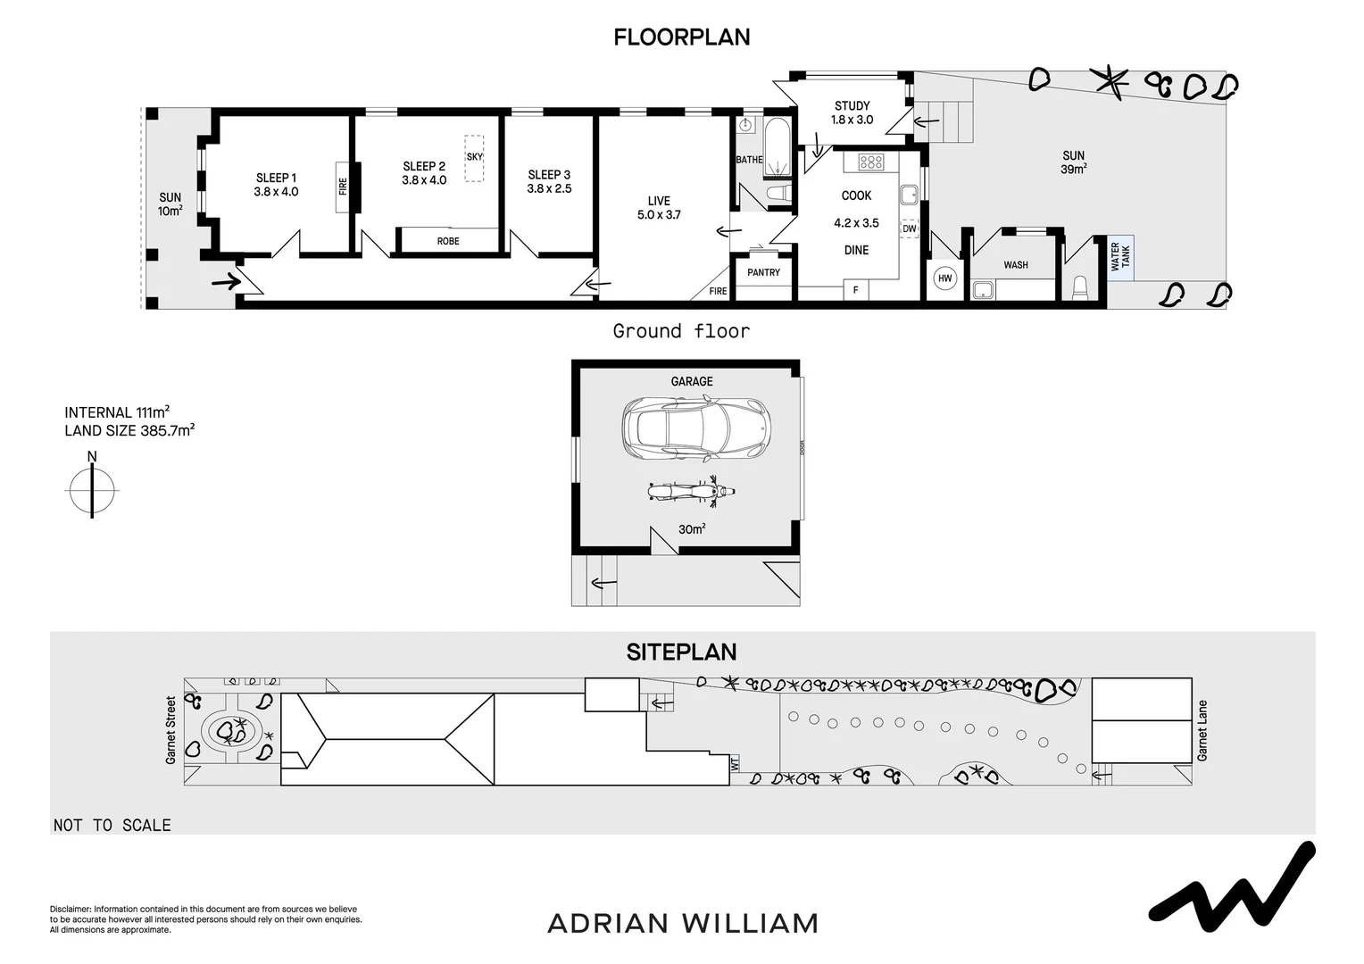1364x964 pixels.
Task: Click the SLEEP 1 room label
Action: tap(276, 184)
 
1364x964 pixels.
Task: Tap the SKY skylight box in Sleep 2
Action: tap(474, 158)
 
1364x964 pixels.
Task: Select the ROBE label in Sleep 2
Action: tap(448, 241)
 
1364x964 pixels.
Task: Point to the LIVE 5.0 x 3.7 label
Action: tap(659, 207)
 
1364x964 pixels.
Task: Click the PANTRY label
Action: tap(763, 272)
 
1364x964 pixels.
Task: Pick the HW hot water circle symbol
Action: tap(945, 278)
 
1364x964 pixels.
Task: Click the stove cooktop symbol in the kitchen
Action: tap(870, 162)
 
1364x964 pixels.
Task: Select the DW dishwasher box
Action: tap(909, 229)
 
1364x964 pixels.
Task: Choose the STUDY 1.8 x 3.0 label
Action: tap(852, 112)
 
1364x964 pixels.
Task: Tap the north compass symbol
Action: tap(92, 488)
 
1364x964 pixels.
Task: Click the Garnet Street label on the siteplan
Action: tap(170, 730)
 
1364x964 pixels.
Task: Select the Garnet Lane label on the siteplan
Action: tap(1202, 730)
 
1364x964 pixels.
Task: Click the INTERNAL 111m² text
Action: tap(117, 412)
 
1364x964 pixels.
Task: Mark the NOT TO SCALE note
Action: tap(112, 826)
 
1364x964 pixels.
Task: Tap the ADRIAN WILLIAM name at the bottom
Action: tap(682, 923)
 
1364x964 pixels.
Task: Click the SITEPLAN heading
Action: tap(681, 652)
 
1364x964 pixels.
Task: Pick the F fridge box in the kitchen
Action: tap(856, 290)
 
